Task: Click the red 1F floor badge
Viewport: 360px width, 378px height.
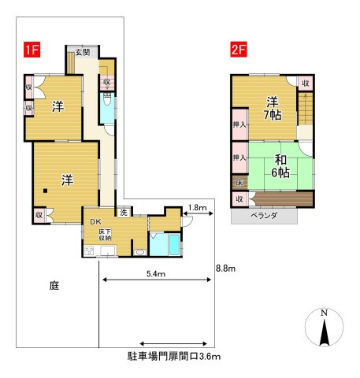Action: tap(32, 50)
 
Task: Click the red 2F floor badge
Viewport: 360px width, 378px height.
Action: tap(239, 50)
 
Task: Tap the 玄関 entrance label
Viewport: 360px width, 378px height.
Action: tap(83, 52)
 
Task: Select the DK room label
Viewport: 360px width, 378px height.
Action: tap(95, 222)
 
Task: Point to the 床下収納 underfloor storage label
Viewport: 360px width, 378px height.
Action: tap(106, 235)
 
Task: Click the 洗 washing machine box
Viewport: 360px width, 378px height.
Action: tap(124, 212)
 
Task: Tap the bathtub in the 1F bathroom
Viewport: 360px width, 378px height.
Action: tap(174, 244)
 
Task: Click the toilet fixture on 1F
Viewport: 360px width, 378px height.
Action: tap(107, 99)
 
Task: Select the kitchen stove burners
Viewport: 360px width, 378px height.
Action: tap(89, 250)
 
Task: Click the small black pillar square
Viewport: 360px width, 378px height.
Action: tap(46, 191)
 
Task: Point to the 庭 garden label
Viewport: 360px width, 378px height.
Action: tap(54, 285)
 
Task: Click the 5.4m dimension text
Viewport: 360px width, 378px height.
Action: tap(156, 274)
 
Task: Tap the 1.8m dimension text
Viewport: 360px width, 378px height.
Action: tap(198, 208)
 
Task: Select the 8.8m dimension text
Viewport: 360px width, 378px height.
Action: tap(225, 269)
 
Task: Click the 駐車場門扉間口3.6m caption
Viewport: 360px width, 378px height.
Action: tap(174, 356)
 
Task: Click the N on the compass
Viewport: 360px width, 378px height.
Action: tap(325, 313)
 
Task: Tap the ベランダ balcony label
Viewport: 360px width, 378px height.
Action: tap(264, 216)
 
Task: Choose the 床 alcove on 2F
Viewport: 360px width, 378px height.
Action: tap(239, 183)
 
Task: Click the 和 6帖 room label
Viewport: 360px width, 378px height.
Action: tap(280, 166)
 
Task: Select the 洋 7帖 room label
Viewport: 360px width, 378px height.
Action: tap(273, 108)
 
